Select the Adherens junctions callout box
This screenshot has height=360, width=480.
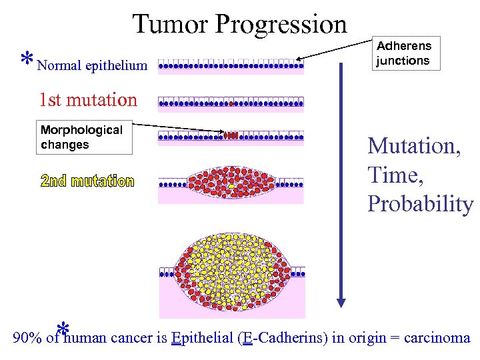point(404,53)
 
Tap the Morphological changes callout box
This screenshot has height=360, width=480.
point(82,137)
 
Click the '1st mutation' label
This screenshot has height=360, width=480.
point(88,100)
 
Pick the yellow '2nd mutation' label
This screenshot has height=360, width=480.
point(87,181)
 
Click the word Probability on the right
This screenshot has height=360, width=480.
point(420,204)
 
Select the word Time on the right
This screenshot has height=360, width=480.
point(394,175)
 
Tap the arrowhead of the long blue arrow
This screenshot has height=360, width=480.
point(341,301)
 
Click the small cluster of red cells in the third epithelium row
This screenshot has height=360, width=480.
point(231,135)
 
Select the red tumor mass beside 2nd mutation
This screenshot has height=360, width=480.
point(231,180)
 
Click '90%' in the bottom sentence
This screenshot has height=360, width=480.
point(27,338)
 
